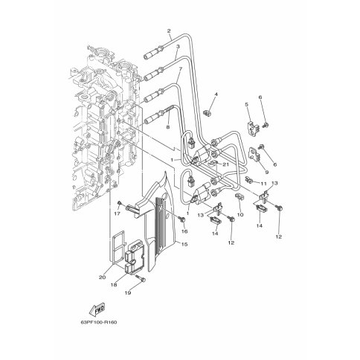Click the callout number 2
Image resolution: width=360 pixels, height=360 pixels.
pos(169,31)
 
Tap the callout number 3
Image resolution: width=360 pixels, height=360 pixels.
pos(178,46)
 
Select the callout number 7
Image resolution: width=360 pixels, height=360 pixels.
pos(181,68)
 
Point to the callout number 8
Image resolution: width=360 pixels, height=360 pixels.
pos(168,127)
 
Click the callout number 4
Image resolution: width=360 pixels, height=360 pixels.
pos(216,94)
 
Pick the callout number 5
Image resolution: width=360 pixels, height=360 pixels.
pos(247,105)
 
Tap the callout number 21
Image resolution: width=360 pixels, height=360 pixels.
pos(225,164)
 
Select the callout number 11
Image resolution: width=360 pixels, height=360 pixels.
pos(263,184)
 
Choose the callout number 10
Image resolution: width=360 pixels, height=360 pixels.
pos(240,215)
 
